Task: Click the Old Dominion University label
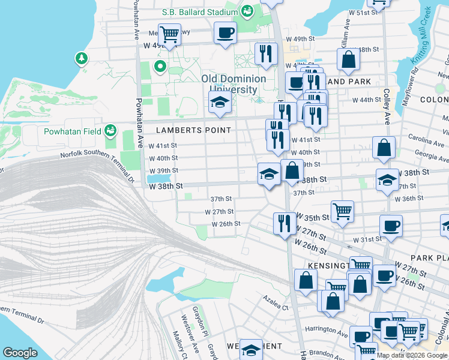[x=234, y=84]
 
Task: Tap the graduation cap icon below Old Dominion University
[x=220, y=102]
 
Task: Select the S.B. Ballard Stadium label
[x=200, y=11]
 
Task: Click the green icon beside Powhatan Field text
[x=110, y=130]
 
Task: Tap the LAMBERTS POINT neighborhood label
[x=193, y=130]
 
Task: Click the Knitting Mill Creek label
[x=420, y=36]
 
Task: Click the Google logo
[x=20, y=353]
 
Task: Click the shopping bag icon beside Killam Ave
[x=348, y=59]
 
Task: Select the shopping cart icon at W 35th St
[x=342, y=211]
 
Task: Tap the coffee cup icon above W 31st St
[x=391, y=226]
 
